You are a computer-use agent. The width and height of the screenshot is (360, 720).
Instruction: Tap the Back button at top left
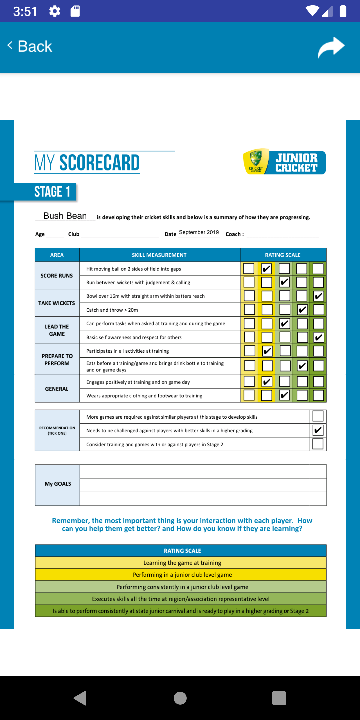pos(30,46)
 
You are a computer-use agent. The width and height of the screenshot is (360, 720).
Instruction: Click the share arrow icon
pos(331,47)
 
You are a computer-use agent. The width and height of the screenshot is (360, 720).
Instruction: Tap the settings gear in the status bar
pos(55,11)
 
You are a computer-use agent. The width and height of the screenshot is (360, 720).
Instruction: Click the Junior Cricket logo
pos(284,162)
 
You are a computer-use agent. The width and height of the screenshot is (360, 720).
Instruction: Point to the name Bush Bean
pos(65,216)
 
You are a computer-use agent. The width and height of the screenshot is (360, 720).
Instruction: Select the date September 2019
pos(199,232)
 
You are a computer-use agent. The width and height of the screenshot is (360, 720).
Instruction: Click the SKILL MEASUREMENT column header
pos(159,255)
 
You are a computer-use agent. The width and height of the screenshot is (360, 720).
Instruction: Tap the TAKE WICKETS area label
pos(57,303)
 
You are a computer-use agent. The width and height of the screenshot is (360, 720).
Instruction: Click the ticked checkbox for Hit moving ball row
pos(266,269)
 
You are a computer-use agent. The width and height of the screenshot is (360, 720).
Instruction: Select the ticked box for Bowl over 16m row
pos(318,296)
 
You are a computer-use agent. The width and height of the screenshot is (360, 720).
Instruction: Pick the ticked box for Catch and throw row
pos(302,310)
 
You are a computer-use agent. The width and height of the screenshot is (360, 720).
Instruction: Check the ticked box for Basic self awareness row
pos(318,337)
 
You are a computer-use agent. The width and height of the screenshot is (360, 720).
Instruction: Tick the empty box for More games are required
pos(318,416)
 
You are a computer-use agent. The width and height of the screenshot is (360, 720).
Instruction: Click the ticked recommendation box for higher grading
pos(318,430)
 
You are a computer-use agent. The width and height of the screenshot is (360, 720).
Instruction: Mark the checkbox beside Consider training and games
pos(318,444)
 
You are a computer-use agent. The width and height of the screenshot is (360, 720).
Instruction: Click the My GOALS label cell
pos(57,484)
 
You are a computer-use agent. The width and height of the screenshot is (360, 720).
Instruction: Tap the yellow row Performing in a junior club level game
pos(182,575)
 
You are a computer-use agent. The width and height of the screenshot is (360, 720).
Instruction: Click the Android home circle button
pos(180,698)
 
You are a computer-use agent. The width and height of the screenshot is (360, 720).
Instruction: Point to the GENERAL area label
pos(57,389)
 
